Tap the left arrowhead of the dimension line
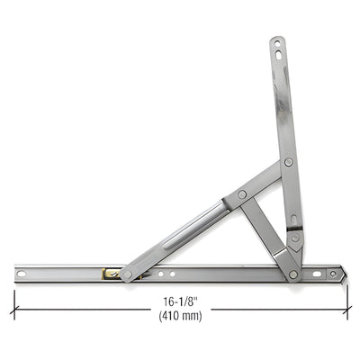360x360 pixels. [x=14, y=309]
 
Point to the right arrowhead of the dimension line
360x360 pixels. [x=347, y=309]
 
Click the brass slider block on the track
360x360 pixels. [x=110, y=273]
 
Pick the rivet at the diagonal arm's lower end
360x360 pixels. [x=127, y=274]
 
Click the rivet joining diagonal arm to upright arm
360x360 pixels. [x=288, y=163]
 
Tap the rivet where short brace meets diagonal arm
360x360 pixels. [x=242, y=193]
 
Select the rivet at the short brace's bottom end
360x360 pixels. [x=293, y=274]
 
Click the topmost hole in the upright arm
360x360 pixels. [x=276, y=42]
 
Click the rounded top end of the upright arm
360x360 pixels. [x=276, y=39]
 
